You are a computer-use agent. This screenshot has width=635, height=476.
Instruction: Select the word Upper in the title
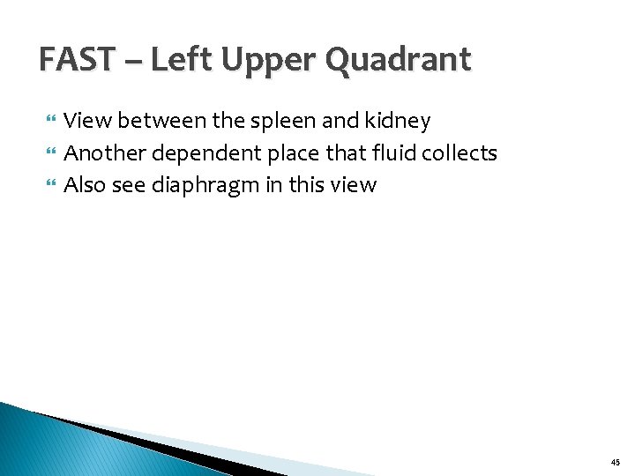(x=271, y=60)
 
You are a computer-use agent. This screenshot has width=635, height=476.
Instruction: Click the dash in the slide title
(x=137, y=62)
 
